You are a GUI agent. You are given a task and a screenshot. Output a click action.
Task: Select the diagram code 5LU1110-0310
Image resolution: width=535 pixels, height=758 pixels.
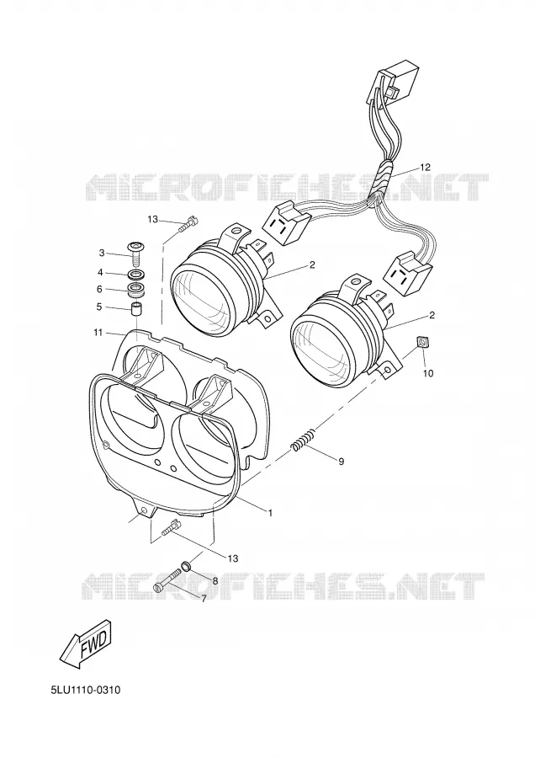point(86,689)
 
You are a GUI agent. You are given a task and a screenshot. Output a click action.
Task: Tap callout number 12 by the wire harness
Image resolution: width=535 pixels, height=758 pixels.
point(425,168)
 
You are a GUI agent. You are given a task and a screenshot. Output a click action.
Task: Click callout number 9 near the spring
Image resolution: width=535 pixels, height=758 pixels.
point(341,462)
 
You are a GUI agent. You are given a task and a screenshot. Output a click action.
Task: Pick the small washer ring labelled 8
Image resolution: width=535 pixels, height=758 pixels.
point(186,565)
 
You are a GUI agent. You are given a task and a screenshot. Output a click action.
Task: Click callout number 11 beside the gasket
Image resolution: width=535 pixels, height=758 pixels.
point(98,332)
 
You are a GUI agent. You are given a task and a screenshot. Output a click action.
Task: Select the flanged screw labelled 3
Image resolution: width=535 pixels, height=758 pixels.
point(136,254)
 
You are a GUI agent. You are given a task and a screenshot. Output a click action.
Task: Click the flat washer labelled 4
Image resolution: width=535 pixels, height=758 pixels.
point(136,276)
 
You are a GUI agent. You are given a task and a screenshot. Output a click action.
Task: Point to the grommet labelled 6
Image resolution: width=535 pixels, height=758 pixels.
point(136,291)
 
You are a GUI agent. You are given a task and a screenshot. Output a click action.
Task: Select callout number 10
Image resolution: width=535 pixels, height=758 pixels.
point(428,373)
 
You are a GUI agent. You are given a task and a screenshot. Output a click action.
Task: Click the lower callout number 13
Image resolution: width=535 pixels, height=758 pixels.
point(233,558)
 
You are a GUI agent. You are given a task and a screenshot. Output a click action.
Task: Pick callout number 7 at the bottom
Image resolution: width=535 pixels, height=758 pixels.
point(204,599)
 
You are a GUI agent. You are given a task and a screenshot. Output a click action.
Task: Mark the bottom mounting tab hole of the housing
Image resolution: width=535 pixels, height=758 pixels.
point(143,510)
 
